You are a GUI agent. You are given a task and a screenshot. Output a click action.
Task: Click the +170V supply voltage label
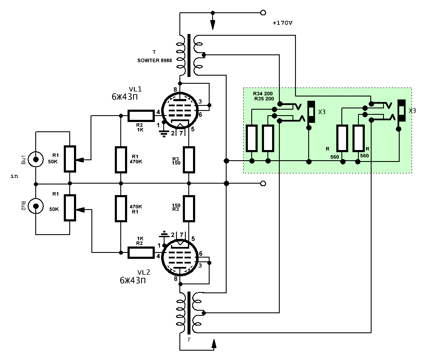coord(282,23)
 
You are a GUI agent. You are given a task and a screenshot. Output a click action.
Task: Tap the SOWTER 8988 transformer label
coord(154,60)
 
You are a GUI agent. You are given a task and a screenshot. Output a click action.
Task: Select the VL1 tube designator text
coord(135,89)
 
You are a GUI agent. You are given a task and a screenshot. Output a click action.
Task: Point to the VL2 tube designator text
coord(143,272)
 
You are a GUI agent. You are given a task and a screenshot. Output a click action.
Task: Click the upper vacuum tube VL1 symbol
coord(179,111)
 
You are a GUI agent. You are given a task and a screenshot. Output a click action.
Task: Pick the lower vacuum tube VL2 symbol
coord(179,257)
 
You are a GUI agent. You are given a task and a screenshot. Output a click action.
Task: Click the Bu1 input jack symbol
coord(36,159)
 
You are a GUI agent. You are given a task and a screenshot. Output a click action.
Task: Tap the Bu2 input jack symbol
coord(36,206)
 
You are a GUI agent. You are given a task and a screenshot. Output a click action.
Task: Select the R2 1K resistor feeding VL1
coord(141,116)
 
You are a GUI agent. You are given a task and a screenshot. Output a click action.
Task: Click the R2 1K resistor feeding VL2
coord(141,252)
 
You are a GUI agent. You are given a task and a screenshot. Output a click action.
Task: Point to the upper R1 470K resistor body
coord(121,160)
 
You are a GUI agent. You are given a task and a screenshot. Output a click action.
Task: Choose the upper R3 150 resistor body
coord(189,160)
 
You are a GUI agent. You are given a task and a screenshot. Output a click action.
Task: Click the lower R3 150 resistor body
coord(189,208)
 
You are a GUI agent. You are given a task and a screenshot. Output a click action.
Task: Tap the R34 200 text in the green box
coord(263,94)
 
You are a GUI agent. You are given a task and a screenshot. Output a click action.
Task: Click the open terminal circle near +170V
coord(263,12)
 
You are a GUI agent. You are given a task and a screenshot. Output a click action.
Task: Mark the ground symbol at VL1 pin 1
coord(164,133)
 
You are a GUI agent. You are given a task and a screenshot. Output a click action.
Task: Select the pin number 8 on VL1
coord(175,90)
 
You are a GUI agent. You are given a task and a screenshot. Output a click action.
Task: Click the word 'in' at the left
coord(14,176)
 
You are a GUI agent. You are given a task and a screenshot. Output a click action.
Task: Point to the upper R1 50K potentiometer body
coord(70,159)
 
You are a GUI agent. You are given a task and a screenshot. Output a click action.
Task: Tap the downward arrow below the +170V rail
coord(213,25)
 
